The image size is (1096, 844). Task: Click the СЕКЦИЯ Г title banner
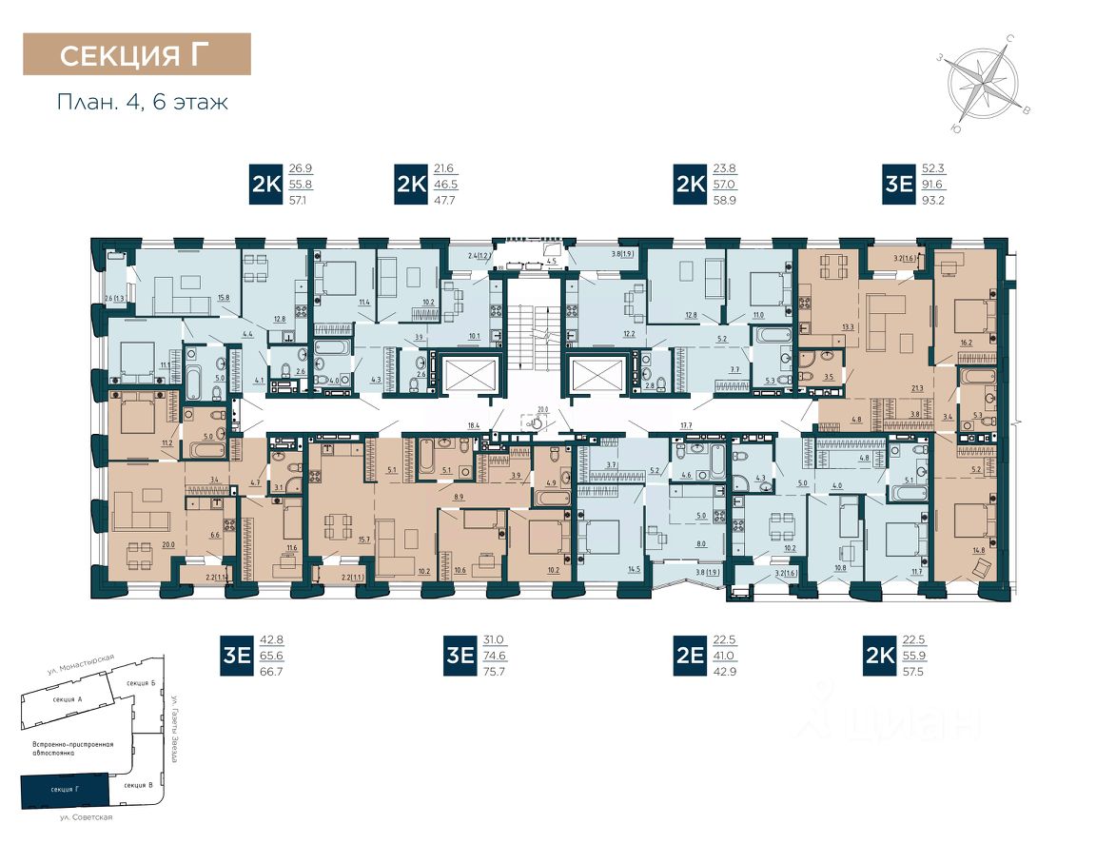click(137, 54)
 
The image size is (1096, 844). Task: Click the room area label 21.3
click(917, 388)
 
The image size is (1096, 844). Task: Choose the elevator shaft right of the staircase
click(597, 372)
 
